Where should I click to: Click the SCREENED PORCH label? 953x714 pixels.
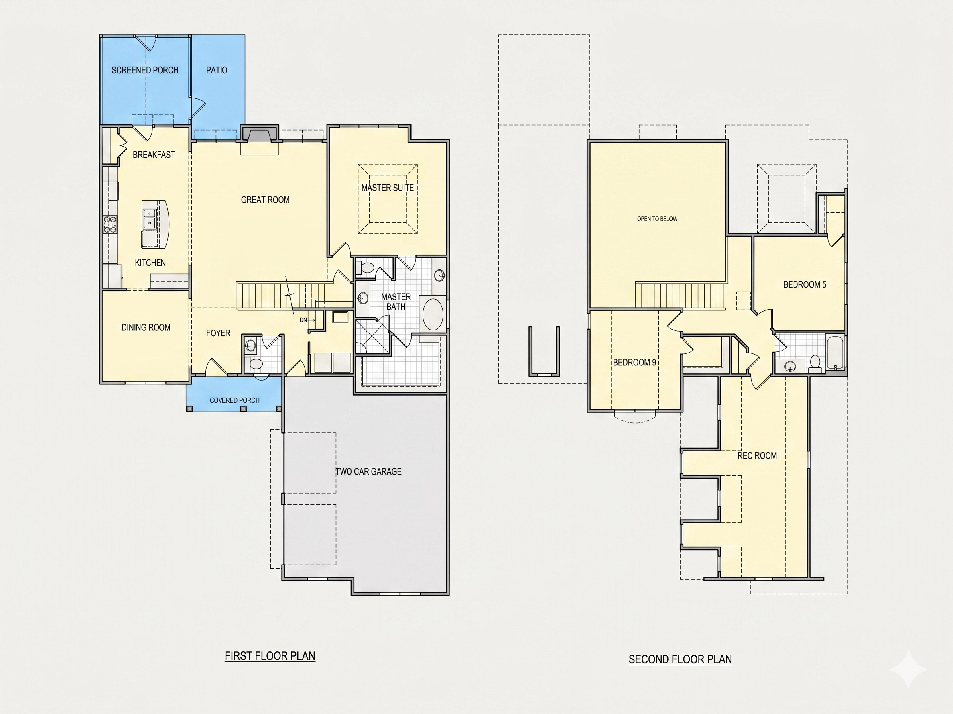point(145,70)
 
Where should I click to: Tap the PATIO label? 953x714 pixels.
point(217,70)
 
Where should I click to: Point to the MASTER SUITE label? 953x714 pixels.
point(387,188)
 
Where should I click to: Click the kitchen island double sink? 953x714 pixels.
point(149,218)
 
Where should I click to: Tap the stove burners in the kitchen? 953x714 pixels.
point(110,225)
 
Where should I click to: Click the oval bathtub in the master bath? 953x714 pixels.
point(433,314)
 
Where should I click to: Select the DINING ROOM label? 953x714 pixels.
point(146,328)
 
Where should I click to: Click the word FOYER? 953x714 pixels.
point(218,333)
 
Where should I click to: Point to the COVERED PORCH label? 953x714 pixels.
point(234,400)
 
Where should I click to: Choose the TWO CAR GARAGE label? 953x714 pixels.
point(368,472)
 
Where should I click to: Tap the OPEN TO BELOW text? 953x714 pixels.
point(657,219)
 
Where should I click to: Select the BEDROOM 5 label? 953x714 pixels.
point(804,284)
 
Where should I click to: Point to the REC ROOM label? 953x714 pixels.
point(757,456)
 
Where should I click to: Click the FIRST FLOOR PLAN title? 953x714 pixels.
point(270,656)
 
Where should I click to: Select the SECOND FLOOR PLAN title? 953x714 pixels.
point(680,659)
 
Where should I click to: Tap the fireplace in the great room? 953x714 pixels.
point(259,134)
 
